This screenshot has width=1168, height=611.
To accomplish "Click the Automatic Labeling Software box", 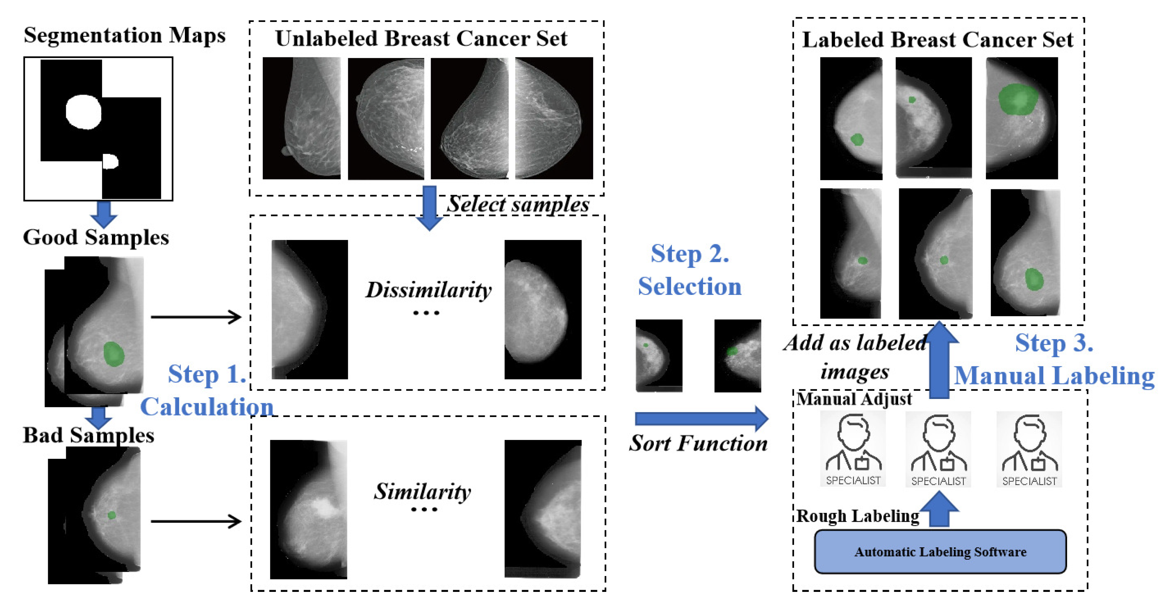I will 940,552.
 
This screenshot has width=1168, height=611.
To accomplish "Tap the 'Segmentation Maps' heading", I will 124,35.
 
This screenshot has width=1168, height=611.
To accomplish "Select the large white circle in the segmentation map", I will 84,112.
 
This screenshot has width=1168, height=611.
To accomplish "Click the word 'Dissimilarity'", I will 429,290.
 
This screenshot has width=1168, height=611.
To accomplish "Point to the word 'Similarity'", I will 423,491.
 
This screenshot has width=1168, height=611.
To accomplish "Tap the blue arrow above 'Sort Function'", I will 701,418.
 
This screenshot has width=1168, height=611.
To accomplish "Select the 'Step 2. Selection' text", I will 690,270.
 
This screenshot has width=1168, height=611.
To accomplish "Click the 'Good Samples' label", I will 96,237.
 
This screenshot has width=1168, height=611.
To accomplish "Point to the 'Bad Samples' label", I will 89,435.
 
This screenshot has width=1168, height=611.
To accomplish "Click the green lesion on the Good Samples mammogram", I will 113,354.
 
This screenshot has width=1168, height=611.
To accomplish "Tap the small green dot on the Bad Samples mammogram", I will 112,515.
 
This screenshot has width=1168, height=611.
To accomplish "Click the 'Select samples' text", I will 518,204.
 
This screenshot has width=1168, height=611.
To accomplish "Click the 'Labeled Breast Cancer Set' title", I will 938,40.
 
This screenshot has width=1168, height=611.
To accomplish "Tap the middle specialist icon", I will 938,449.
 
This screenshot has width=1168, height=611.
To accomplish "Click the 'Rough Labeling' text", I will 857,516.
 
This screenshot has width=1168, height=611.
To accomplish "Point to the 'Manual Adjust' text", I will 854,399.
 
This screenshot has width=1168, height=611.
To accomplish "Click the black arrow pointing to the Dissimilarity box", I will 195,317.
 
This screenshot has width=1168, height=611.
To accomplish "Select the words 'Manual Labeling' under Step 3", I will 1054,376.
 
